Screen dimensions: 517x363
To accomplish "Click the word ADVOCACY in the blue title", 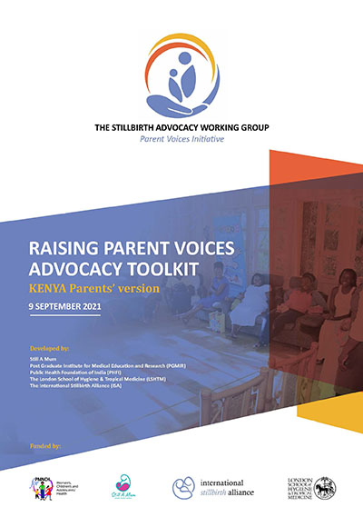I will (x=83, y=270).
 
